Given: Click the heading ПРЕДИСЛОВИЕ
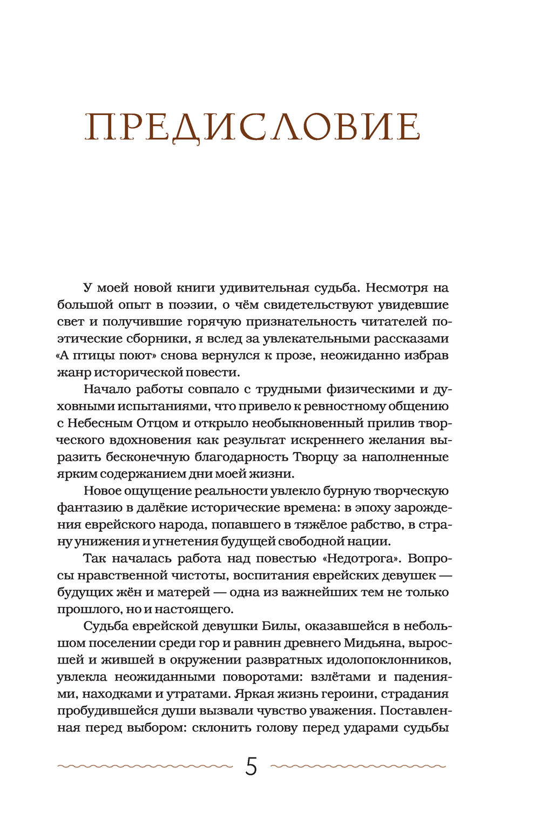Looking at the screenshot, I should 252,128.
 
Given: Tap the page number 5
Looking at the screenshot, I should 251,767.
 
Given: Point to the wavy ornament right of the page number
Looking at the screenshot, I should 358,766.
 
